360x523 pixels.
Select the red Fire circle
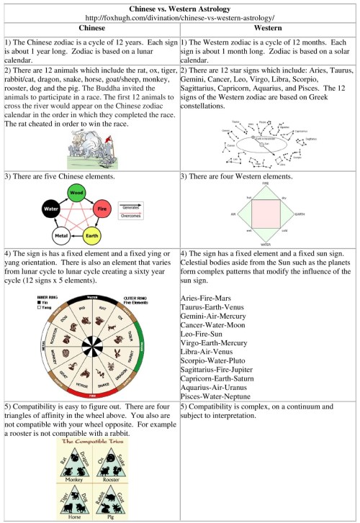click(x=102, y=209)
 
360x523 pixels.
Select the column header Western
click(x=268, y=28)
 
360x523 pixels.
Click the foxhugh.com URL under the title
click(x=179, y=17)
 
